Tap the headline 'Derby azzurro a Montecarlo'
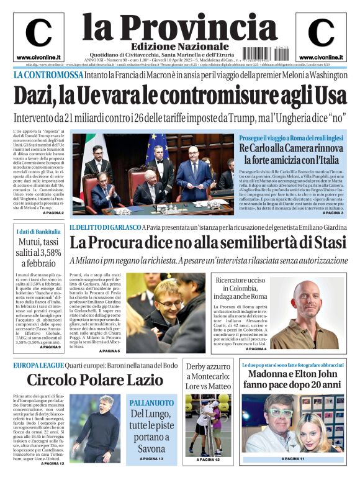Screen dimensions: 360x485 click(x=208, y=376)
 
